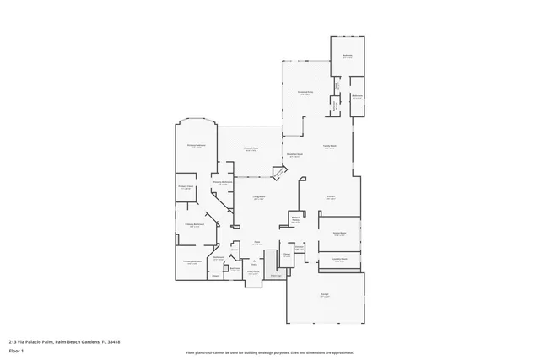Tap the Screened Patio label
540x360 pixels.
[x=305, y=93]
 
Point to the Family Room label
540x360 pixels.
[x=330, y=148]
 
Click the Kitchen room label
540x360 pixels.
[x=332, y=197]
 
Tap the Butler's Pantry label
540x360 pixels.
[x=295, y=218]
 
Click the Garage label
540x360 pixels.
[x=325, y=295]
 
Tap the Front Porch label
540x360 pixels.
[x=252, y=272]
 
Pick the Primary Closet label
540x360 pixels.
[x=186, y=187]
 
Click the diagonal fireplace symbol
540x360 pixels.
[x=277, y=173]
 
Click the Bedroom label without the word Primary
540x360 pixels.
[x=347, y=56]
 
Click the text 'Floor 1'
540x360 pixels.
[x=16, y=349]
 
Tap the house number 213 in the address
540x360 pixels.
[x=13, y=341]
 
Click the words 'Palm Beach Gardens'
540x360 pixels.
[x=77, y=341]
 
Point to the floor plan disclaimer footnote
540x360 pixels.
[x=269, y=353]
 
